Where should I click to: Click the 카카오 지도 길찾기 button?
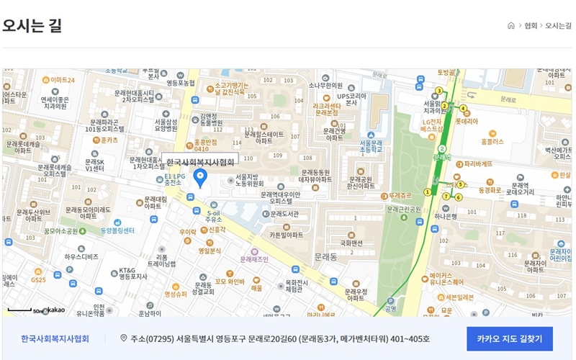(x=509, y=338)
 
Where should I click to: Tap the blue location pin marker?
(x=202, y=177)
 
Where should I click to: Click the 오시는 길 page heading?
(x=32, y=25)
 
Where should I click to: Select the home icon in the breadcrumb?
(x=511, y=25)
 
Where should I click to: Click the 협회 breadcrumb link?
(x=531, y=25)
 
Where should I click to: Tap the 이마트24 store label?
(x=62, y=80)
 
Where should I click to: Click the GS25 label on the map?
(x=38, y=279)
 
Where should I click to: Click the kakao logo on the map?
(x=56, y=310)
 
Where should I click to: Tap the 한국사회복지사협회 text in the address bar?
(x=55, y=338)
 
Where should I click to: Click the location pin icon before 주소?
(x=123, y=338)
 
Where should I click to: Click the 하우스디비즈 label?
(x=81, y=256)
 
